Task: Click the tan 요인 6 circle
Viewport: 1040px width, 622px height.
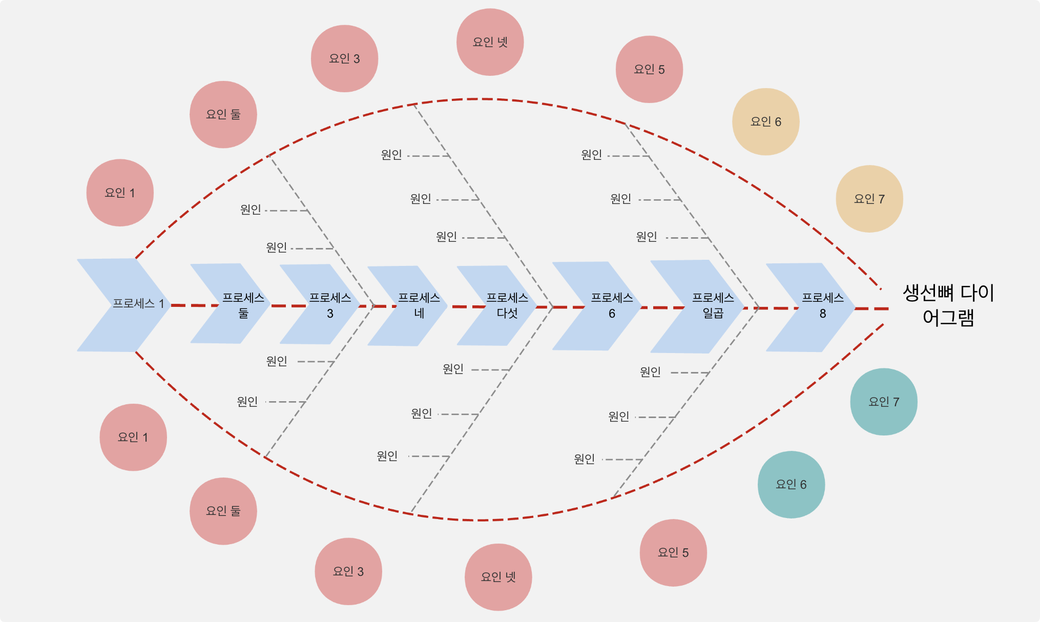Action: [765, 121]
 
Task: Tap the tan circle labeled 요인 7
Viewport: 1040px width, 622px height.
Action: [869, 199]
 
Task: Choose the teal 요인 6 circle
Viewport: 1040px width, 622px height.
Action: [791, 484]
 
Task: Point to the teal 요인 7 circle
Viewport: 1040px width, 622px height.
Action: [883, 402]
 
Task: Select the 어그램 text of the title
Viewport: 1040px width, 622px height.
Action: [948, 318]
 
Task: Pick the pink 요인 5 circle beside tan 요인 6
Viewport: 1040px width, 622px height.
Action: [649, 69]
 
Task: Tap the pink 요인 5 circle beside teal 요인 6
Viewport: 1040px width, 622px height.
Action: [673, 552]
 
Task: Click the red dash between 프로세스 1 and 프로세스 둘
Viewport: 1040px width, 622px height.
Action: [195, 305]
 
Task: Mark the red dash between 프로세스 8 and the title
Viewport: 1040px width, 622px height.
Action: [871, 309]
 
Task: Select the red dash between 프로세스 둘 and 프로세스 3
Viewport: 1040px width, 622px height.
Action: [288, 306]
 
